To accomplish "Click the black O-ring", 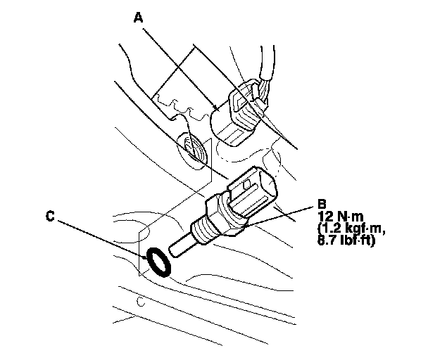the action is tap(158, 262).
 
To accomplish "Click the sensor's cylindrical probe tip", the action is tap(180, 247).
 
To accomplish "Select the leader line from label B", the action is tap(282, 214).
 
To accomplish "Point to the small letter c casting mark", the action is tap(141, 303).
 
